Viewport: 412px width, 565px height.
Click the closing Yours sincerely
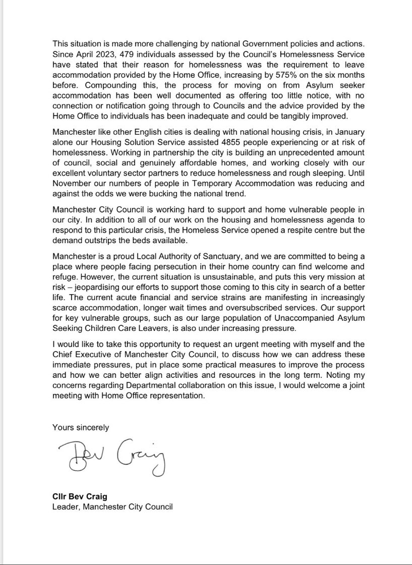(x=81, y=427)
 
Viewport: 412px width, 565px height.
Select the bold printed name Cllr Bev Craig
(x=82, y=496)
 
